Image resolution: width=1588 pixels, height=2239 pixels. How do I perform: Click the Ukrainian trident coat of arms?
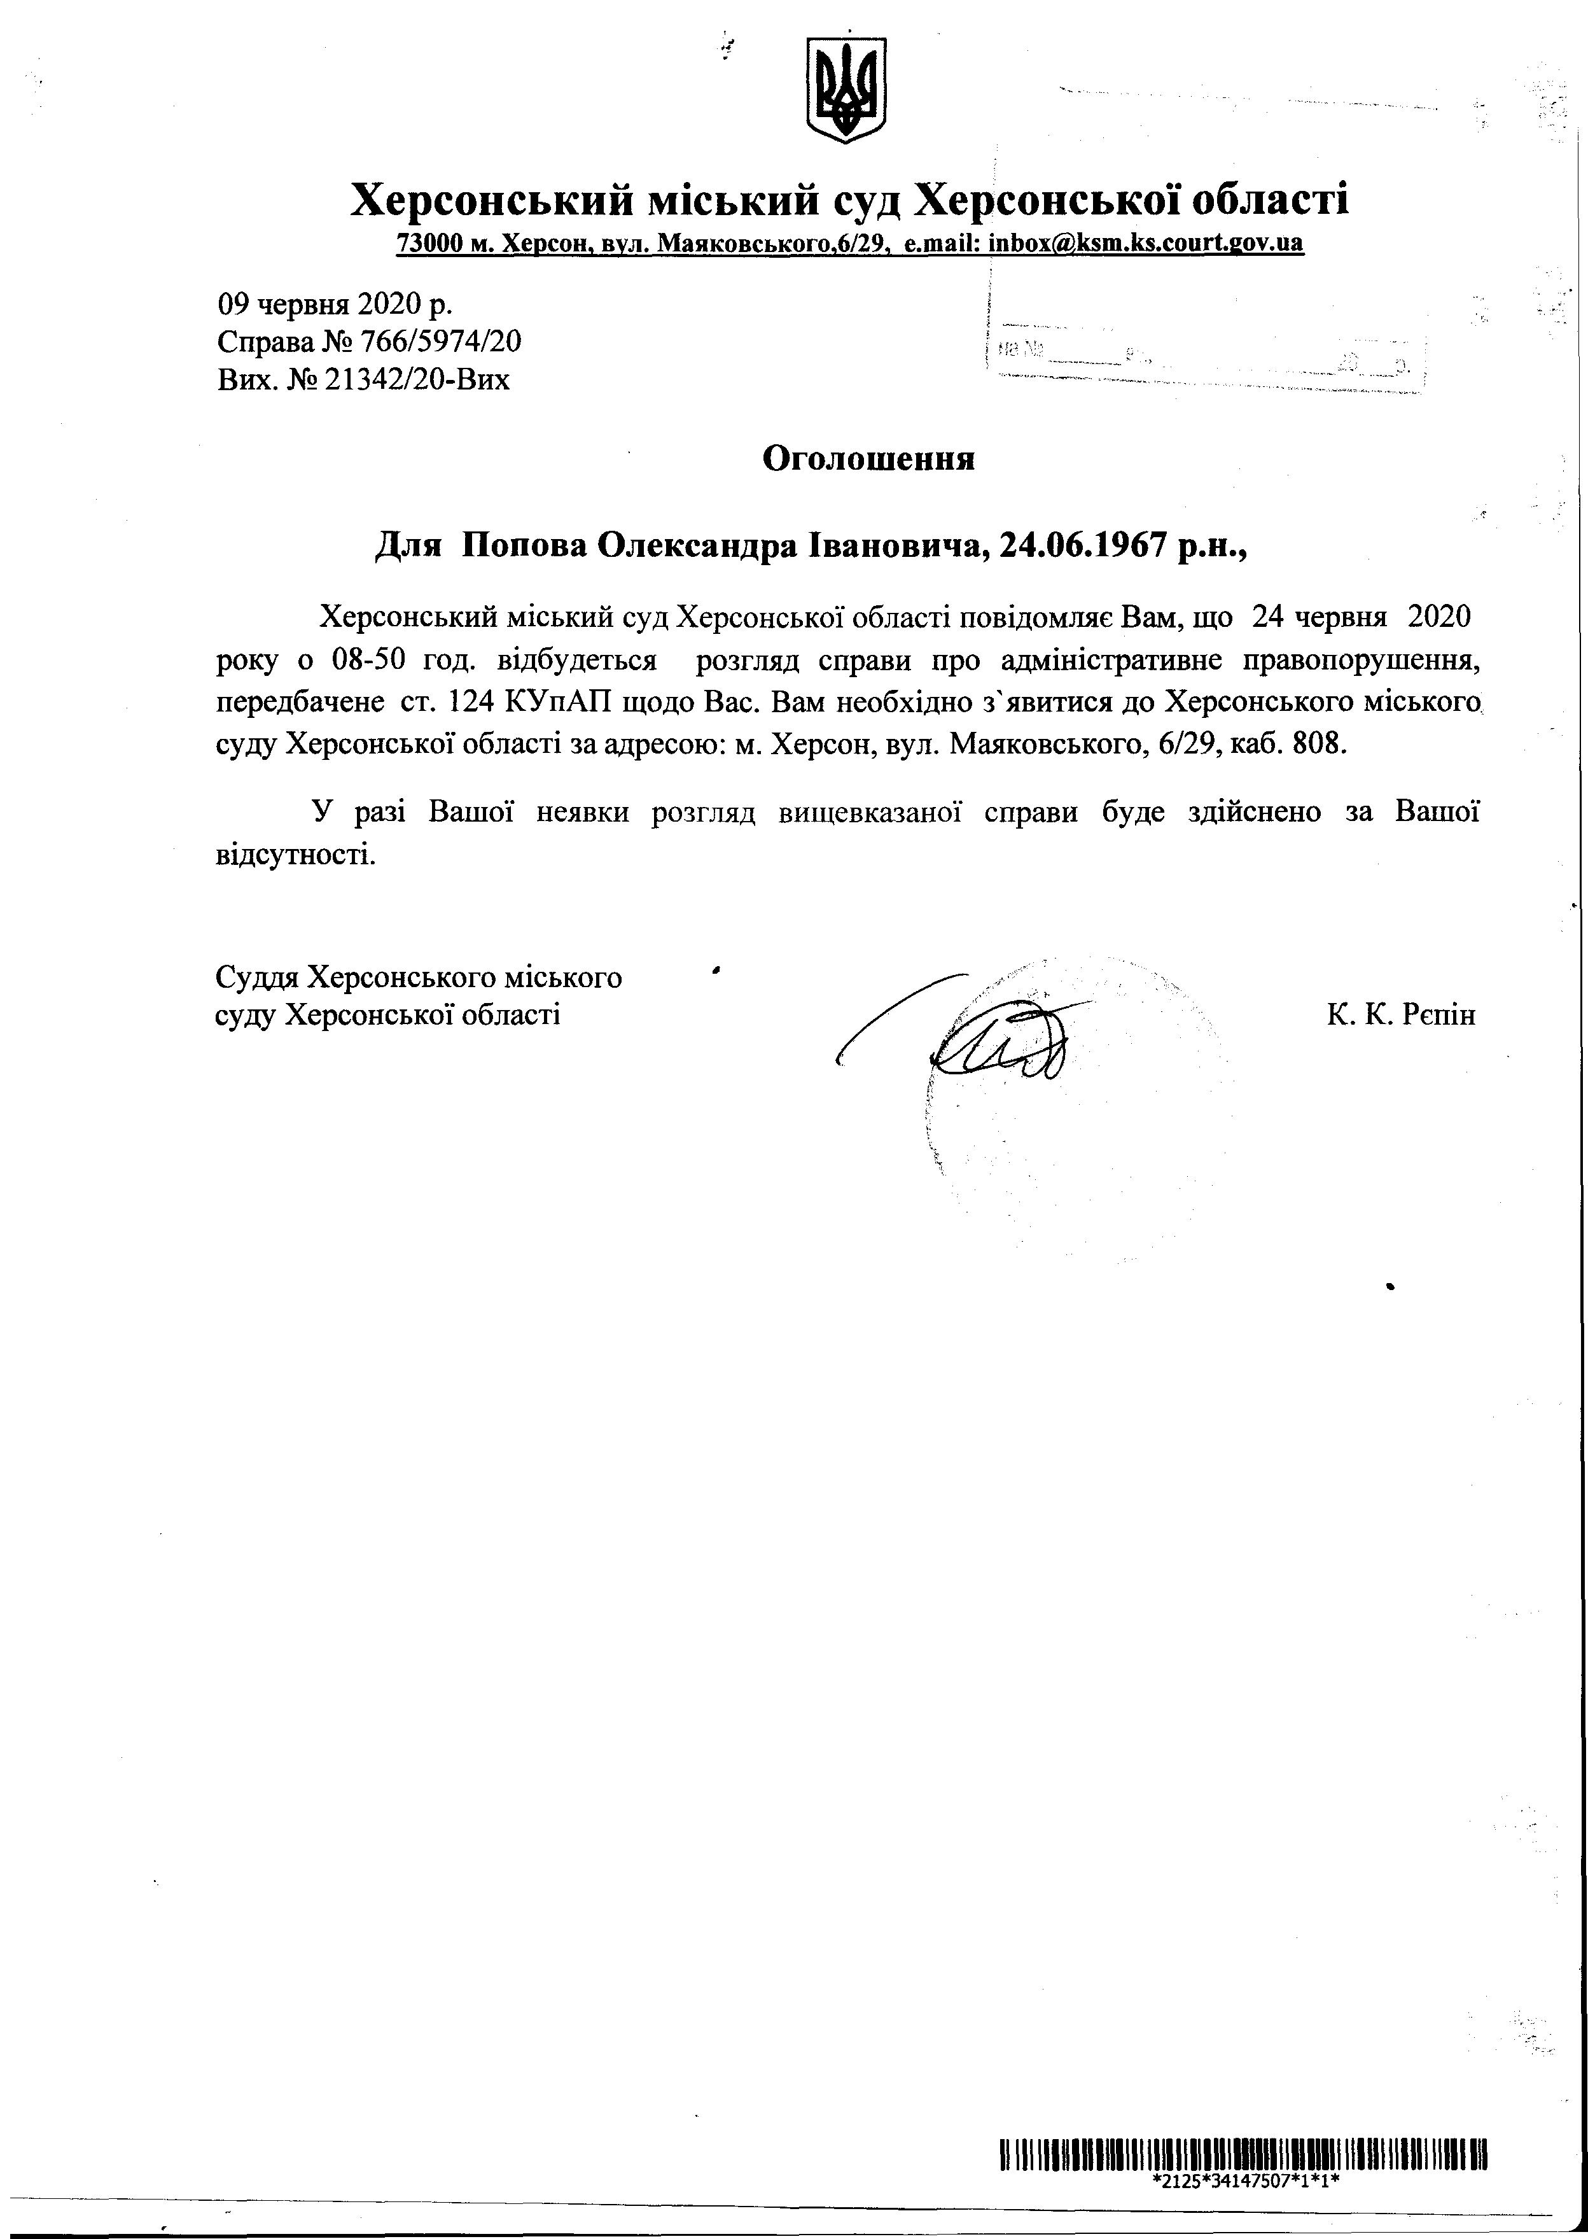tap(846, 90)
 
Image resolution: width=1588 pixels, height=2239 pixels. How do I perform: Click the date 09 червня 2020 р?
tap(335, 304)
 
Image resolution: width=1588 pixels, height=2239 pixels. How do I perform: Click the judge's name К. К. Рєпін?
tap(1400, 1014)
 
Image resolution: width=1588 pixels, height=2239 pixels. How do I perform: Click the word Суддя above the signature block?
tap(256, 976)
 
